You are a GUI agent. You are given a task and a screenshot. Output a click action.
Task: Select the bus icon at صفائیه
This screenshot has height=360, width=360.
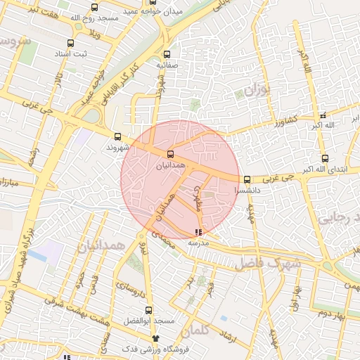pyautogui.click(x=167, y=54)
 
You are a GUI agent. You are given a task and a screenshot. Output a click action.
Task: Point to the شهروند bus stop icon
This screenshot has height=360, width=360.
pyautogui.click(x=117, y=137)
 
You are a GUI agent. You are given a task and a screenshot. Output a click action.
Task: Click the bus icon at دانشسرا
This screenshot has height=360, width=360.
pyautogui.click(x=247, y=179)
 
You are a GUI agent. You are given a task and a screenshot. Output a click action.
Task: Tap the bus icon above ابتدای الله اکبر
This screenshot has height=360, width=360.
pyautogui.click(x=324, y=158)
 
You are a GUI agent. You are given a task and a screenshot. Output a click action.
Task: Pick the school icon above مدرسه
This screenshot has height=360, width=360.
pyautogui.click(x=198, y=231)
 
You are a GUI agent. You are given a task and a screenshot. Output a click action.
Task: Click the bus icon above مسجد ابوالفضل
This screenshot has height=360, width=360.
pyautogui.click(x=148, y=310)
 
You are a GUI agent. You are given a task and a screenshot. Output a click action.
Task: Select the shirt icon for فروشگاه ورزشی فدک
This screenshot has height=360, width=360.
pyautogui.click(x=146, y=338)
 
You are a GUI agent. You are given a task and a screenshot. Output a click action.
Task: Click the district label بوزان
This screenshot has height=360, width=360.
pyautogui.click(x=259, y=89)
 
